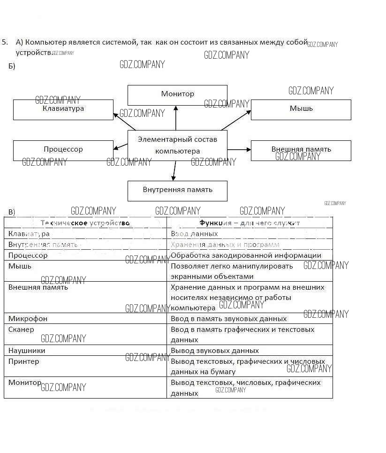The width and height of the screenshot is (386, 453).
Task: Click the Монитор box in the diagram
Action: pyautogui.click(x=177, y=95)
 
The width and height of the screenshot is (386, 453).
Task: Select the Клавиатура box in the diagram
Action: pyautogui.click(x=63, y=109)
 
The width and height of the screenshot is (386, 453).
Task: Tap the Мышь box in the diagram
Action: pyautogui.click(x=301, y=109)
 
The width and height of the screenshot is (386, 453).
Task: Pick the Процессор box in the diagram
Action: pyautogui.click(x=63, y=150)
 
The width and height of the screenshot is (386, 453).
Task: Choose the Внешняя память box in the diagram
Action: pyautogui.click(x=301, y=150)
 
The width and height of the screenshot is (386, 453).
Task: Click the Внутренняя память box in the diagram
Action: pyautogui.click(x=177, y=191)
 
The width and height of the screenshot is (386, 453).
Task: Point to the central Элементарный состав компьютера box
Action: pyautogui.click(x=177, y=145)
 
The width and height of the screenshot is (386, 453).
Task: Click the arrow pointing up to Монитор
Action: pyautogui.click(x=176, y=118)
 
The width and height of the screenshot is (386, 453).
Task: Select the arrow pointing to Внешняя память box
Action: pyautogui.click(x=239, y=150)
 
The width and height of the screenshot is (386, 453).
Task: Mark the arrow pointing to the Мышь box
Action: pyautogui.click(x=236, y=120)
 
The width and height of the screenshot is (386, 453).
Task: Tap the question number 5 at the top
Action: pyautogui.click(x=4, y=42)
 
